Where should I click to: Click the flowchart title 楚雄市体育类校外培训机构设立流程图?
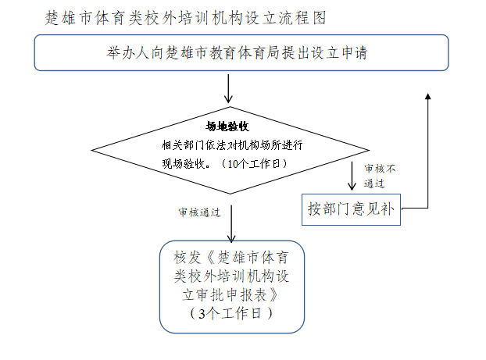[185, 18]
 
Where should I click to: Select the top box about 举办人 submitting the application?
[241, 52]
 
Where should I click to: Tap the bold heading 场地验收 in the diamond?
[227, 127]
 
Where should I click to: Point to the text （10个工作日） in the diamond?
[254, 163]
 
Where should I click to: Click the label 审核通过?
[199, 212]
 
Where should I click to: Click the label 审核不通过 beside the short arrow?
[380, 176]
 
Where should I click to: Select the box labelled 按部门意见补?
[351, 209]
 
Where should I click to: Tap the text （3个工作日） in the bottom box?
[231, 313]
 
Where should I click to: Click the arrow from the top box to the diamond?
[228, 88]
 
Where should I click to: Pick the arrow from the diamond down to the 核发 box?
[231, 223]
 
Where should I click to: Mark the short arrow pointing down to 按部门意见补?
[352, 176]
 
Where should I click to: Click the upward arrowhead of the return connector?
[427, 96]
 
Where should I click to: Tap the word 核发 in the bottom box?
[187, 258]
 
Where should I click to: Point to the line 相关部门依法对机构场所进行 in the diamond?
[232, 145]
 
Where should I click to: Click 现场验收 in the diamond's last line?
[183, 163]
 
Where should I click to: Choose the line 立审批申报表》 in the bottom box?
[230, 295]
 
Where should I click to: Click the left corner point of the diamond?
[91, 150]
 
